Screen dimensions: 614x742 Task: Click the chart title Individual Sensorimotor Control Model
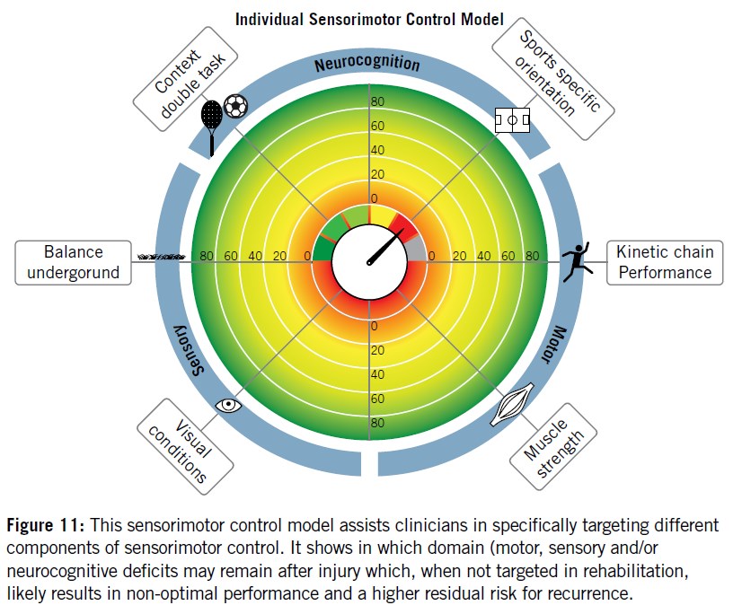click(369, 19)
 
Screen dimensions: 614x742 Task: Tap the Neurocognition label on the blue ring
click(367, 65)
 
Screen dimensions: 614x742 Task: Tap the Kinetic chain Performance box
click(664, 262)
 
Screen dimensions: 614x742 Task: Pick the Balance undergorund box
click(72, 261)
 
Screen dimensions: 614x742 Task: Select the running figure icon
click(575, 261)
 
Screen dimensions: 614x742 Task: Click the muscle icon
click(513, 405)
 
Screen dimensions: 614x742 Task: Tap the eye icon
click(229, 405)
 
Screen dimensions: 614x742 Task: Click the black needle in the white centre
click(384, 247)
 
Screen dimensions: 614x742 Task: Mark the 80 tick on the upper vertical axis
click(376, 101)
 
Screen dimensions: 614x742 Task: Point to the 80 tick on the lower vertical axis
click(376, 423)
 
